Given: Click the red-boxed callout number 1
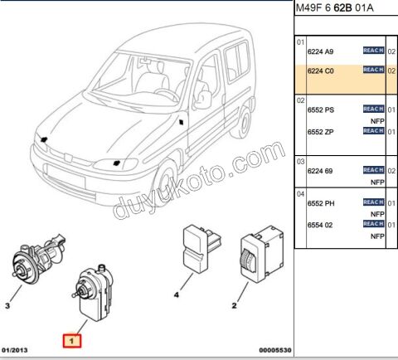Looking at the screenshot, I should point(72,340).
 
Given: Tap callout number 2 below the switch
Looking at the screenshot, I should point(235,306).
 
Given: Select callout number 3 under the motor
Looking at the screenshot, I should point(7,306).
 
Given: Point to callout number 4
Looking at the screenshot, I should point(176,294).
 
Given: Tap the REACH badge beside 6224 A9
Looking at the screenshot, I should point(372,51).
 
